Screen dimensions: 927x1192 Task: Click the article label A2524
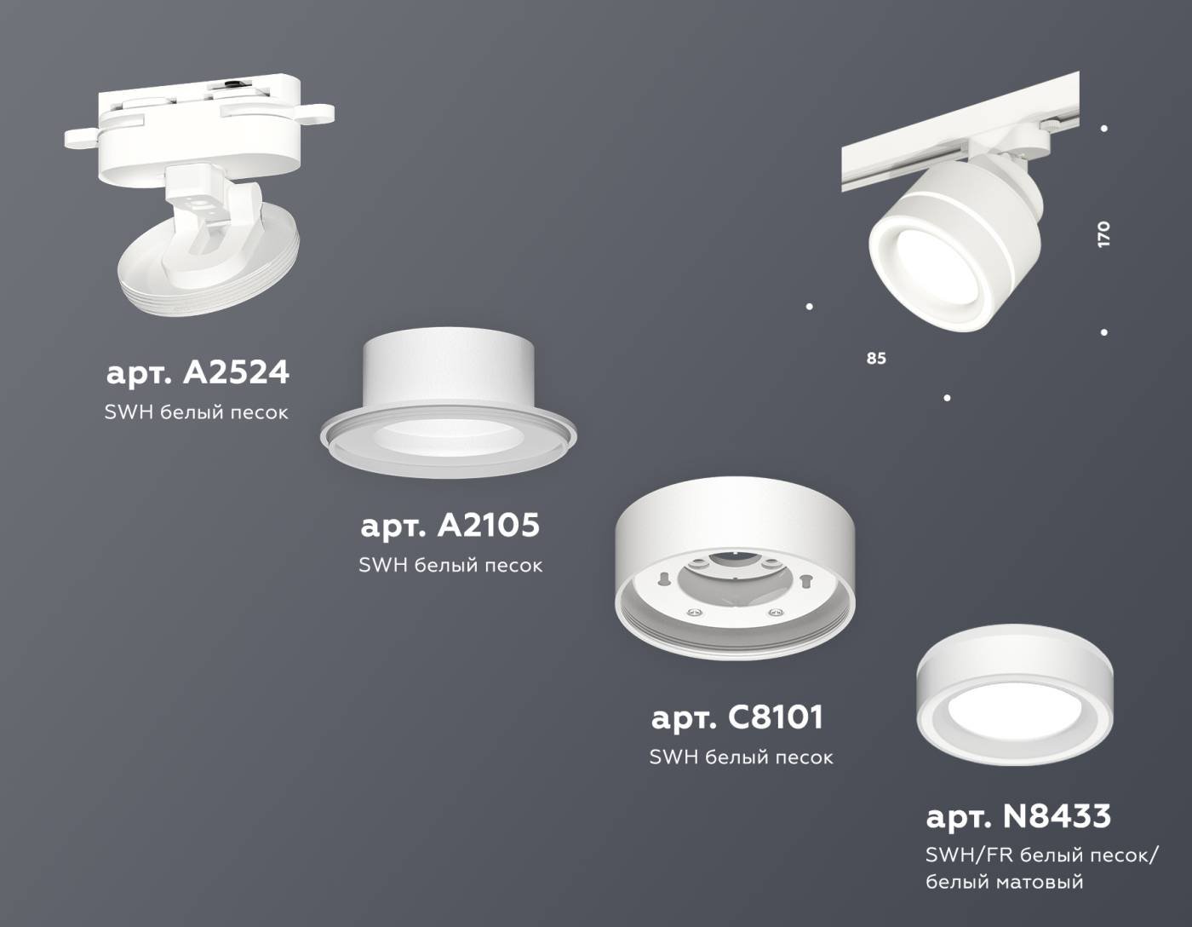click(x=198, y=372)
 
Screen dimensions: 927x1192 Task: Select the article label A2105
click(x=450, y=525)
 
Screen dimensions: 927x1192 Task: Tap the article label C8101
click(x=737, y=717)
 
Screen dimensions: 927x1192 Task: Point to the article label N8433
click(x=1018, y=816)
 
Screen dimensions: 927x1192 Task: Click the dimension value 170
click(x=1104, y=234)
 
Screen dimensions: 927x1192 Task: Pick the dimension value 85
click(x=876, y=359)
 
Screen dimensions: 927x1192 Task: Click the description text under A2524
click(x=196, y=412)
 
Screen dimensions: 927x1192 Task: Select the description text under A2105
click(x=450, y=565)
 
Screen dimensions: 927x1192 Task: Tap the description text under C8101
click(x=741, y=757)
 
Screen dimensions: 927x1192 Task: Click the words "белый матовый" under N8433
click(x=1005, y=882)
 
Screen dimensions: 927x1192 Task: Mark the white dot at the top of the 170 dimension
click(x=1104, y=129)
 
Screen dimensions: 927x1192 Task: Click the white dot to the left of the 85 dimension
click(x=809, y=307)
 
